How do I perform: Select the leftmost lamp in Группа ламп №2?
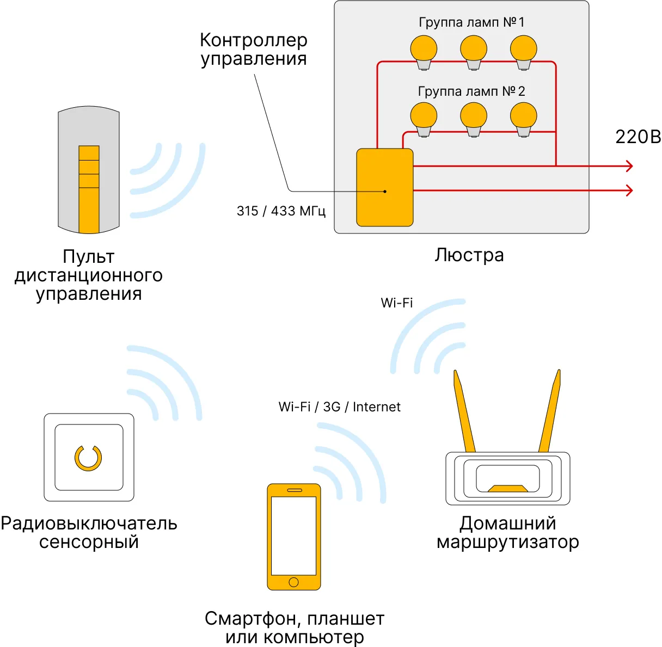(424, 118)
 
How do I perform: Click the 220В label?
(638, 137)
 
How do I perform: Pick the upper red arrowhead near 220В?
(630, 166)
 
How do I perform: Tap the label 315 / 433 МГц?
(281, 211)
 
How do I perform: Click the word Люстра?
(469, 255)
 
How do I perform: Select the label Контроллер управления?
(254, 49)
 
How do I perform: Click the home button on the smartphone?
(294, 582)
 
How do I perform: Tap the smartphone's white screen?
(294, 535)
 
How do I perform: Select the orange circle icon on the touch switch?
(88, 458)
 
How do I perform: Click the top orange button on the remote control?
(89, 153)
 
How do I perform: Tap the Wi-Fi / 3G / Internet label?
(339, 407)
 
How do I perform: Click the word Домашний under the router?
(507, 523)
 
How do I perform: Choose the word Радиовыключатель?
(89, 523)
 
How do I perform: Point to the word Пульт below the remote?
(88, 257)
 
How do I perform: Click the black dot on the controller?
(385, 192)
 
